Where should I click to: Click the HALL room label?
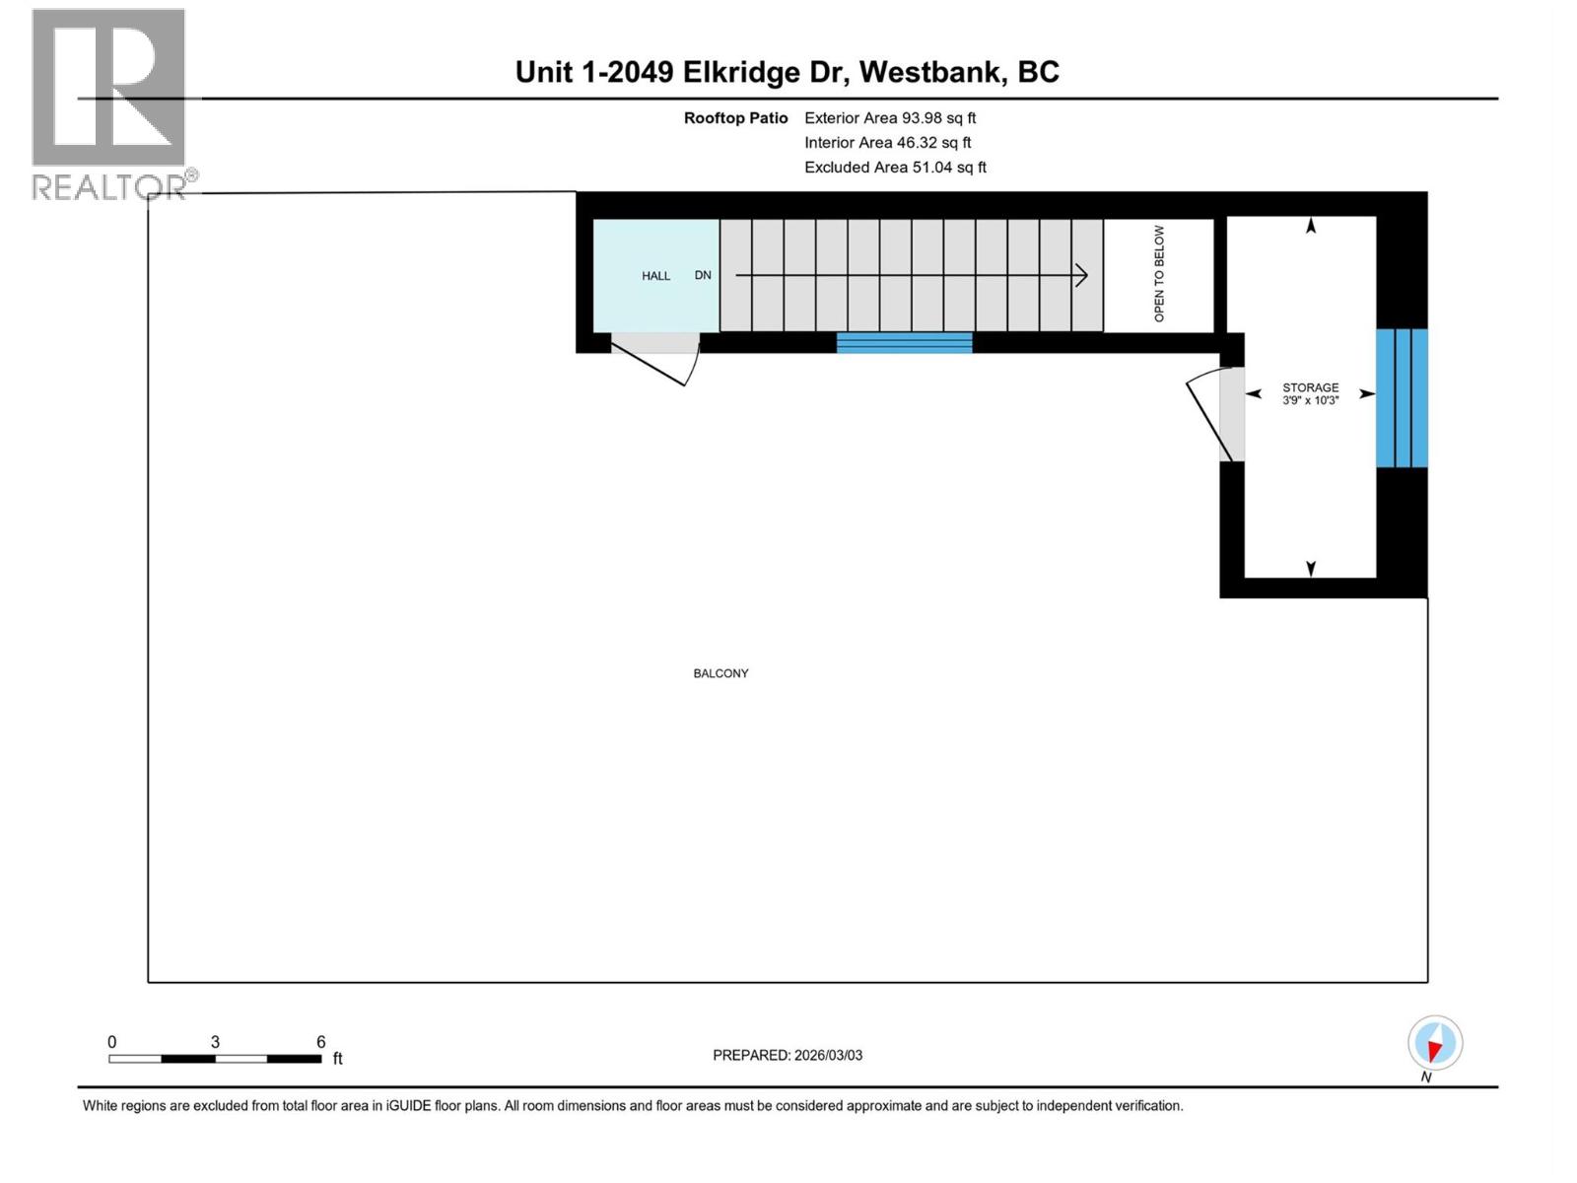coord(655,276)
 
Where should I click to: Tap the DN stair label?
coord(703,275)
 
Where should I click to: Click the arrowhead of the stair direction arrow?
coord(1082,275)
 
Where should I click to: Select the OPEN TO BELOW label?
coord(1159,274)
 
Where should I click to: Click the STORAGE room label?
coord(1310,387)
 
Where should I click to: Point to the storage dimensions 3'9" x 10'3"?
coord(1310,401)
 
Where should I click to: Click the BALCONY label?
coord(720,673)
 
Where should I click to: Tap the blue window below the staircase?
coord(904,342)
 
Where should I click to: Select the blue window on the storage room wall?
coord(1402,397)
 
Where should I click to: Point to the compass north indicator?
coord(1435,1044)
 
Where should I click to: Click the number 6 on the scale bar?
coord(320,1042)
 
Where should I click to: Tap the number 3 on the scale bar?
coord(215,1042)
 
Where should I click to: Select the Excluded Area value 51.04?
coord(932,168)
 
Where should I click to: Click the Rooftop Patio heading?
coord(735,117)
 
